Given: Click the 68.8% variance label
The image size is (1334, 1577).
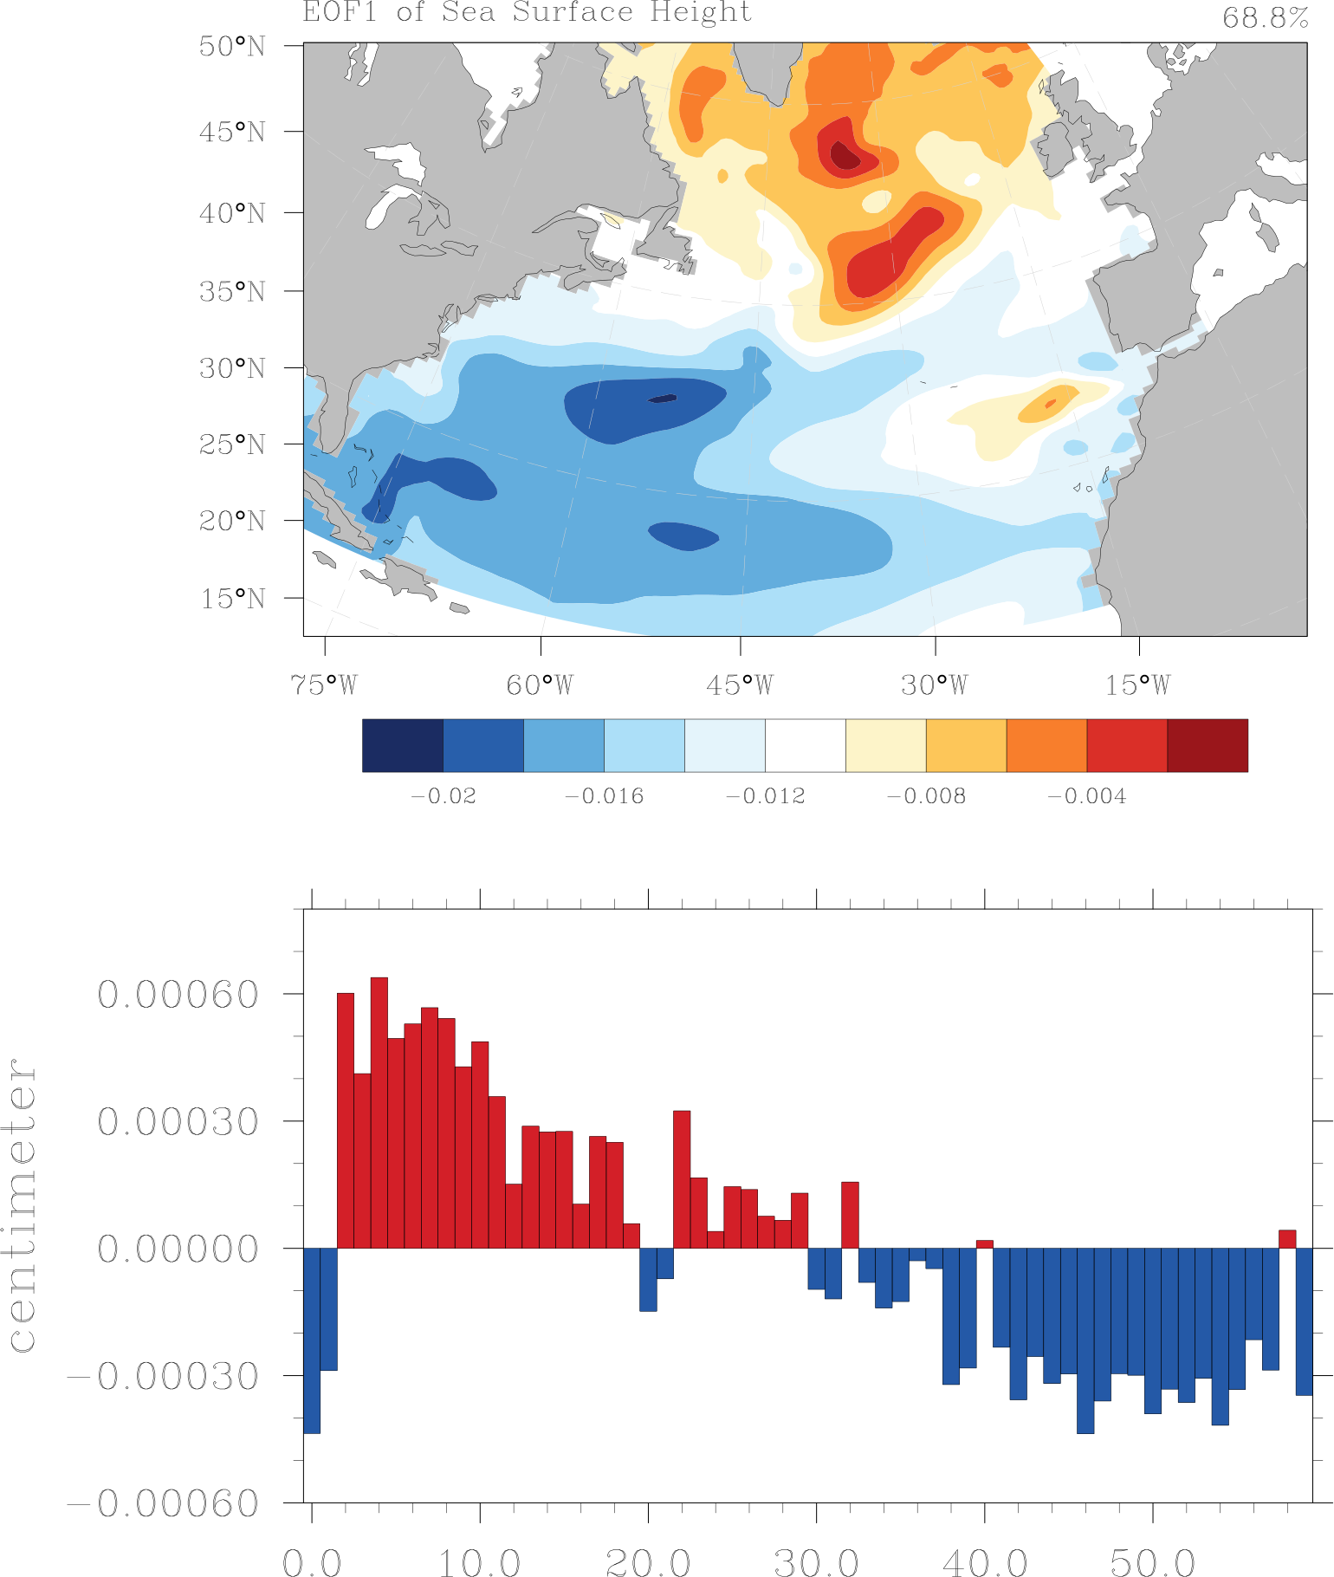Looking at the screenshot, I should coord(1264,18).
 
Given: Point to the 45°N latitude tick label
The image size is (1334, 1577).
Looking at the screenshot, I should coord(232,132).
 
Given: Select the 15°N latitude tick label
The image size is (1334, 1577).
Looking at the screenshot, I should coord(232,599).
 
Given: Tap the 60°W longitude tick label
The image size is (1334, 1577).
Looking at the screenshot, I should coord(540,685).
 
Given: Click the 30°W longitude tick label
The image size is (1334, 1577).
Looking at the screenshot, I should coord(934,685).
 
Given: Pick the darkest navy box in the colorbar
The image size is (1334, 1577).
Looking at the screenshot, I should coord(402,745).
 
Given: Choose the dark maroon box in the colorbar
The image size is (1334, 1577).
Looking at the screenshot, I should coord(1207,745).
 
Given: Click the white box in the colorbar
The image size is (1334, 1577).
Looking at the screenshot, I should coord(805,745).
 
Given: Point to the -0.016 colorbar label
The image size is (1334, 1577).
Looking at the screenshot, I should coord(604,796).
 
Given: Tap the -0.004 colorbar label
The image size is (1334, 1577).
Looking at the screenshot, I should coord(1086,796).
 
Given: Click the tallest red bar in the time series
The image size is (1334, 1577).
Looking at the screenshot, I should coord(379,1113).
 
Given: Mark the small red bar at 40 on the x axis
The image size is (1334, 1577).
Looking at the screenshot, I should coord(984,1244).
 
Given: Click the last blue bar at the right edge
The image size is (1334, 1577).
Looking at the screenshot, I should coord(1304,1321).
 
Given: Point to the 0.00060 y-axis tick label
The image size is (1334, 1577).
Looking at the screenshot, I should coord(178,995).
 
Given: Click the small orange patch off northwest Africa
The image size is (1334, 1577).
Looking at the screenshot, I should coord(1049,405).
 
